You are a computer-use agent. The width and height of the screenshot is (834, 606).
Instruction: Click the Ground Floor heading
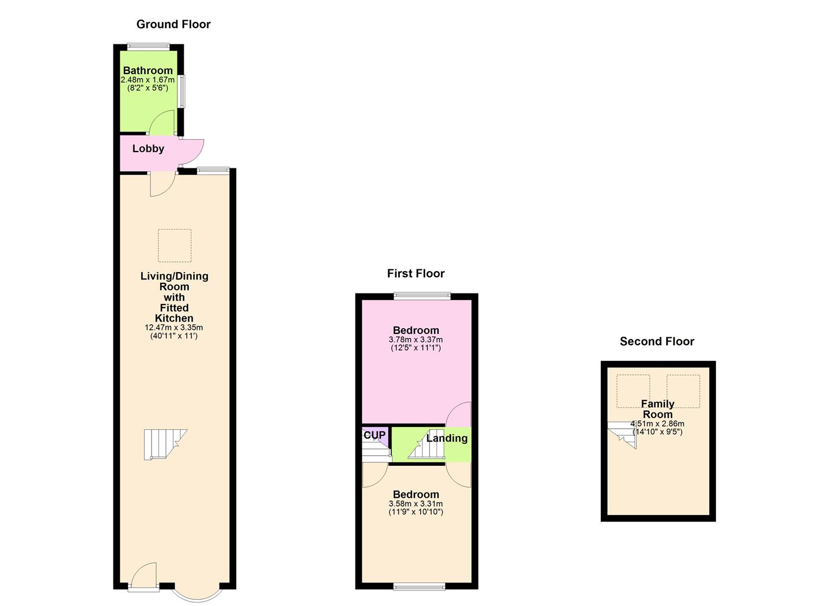tap(174, 24)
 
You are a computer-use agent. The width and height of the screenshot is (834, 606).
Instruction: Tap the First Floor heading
tap(416, 274)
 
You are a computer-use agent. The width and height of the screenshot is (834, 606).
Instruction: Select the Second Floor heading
tap(657, 342)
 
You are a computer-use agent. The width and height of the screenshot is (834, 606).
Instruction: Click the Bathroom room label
tap(148, 71)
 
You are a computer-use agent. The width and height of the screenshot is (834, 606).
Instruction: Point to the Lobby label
tap(148, 149)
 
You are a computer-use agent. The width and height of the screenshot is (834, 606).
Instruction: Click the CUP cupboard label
tap(375, 435)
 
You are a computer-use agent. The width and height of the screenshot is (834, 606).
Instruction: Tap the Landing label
tap(447, 438)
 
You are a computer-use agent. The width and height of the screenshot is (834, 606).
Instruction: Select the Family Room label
tap(657, 409)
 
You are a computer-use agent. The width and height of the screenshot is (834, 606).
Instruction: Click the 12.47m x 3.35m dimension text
tap(174, 328)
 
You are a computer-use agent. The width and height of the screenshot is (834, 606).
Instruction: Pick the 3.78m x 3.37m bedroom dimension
tap(416, 339)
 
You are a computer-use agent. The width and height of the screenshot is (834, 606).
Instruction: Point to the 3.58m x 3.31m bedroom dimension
tap(416, 504)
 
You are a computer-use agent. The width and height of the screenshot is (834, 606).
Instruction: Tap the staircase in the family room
tap(623, 435)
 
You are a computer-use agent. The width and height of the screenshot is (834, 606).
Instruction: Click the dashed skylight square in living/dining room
tap(175, 246)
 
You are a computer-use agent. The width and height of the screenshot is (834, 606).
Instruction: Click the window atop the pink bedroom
tap(422, 296)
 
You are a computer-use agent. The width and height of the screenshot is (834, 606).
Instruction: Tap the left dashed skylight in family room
tap(633, 391)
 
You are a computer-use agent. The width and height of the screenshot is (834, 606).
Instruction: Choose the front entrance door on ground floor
tap(144, 576)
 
